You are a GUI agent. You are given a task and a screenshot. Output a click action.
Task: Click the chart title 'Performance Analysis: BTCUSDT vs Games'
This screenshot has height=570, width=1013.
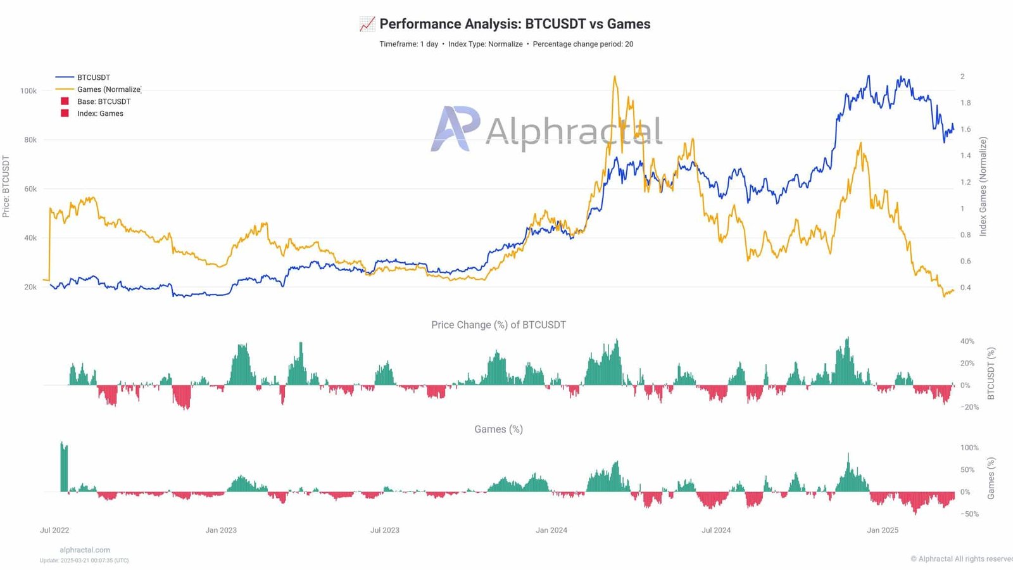click(x=514, y=24)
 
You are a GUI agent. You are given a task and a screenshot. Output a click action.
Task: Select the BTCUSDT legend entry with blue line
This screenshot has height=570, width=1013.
click(x=93, y=77)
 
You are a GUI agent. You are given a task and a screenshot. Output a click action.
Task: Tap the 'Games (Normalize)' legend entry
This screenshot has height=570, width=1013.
click(x=108, y=89)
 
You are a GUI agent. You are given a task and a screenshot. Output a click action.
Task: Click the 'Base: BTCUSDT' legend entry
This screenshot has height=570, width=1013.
click(x=103, y=101)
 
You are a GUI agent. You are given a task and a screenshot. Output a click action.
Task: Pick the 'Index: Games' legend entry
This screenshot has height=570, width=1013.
click(x=100, y=113)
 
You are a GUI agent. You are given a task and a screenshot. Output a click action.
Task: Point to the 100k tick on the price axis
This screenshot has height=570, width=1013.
click(x=28, y=91)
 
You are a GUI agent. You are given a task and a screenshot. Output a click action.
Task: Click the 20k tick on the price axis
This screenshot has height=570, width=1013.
click(x=30, y=287)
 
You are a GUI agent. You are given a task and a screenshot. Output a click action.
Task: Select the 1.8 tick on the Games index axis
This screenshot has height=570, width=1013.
click(x=966, y=103)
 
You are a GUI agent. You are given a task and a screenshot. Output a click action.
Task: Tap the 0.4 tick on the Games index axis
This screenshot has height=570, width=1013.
click(x=966, y=288)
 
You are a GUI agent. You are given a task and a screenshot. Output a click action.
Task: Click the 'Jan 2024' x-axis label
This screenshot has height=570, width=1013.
click(x=551, y=530)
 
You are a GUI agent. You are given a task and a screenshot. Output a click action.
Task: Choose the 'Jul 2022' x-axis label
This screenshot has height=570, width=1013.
click(x=54, y=530)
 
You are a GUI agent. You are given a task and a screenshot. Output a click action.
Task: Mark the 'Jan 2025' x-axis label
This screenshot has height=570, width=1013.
click(x=883, y=530)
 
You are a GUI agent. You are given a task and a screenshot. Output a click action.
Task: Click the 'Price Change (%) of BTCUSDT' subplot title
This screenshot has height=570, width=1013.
click(x=498, y=325)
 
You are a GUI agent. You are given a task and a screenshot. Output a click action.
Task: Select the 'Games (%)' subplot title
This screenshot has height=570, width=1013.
click(x=498, y=429)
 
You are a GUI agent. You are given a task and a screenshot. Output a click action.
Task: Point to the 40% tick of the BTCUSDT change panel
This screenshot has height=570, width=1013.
click(x=967, y=341)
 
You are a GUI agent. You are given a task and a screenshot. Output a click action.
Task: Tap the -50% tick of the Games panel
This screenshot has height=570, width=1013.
click(x=969, y=514)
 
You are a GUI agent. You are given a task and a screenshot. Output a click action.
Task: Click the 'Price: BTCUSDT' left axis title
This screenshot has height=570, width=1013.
click(x=6, y=187)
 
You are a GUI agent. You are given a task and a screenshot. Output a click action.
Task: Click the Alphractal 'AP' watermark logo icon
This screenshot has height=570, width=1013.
click(x=455, y=129)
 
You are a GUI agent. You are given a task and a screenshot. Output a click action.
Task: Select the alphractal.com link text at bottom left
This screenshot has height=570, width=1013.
click(x=85, y=550)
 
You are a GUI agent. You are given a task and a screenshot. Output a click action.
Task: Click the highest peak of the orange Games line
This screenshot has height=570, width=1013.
click(x=614, y=77)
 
